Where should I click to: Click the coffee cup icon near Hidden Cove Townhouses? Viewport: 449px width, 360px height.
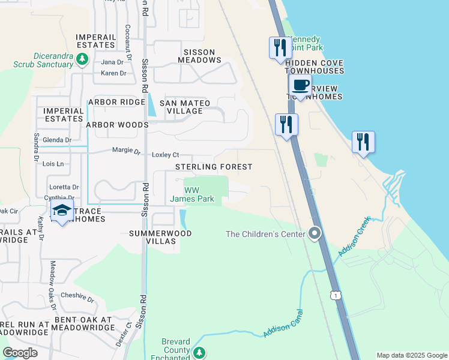click(300, 85)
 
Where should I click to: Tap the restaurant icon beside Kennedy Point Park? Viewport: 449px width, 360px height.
click(280, 48)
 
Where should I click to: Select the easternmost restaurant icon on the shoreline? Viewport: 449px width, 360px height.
click(363, 142)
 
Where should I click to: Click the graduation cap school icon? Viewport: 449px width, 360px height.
click(62, 211)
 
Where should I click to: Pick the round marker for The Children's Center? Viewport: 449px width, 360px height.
click(315, 234)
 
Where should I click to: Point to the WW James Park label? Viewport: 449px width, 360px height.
click(192, 194)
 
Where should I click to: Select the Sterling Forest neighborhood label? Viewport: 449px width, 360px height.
click(214, 167)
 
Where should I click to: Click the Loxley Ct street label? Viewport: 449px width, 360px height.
click(165, 155)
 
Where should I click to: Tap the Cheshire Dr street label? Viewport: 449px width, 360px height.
click(77, 297)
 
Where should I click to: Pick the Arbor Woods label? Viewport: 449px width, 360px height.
click(117, 125)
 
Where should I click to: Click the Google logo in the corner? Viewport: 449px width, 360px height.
click(20, 353)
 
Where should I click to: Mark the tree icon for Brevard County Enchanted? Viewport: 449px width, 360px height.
click(199, 352)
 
